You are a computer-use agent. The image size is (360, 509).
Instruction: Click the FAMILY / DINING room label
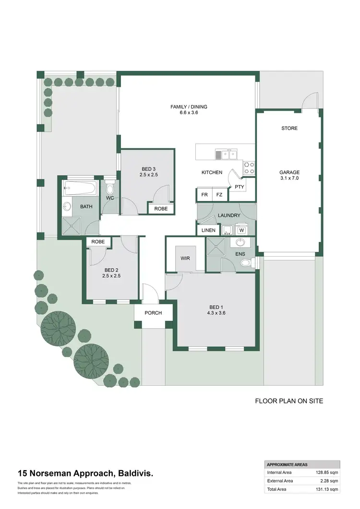(x=189, y=107)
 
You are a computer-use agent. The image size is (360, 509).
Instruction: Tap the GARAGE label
(x=289, y=172)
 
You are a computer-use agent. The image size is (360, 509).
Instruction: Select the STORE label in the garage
(x=289, y=128)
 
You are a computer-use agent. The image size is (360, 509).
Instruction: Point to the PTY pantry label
(x=239, y=187)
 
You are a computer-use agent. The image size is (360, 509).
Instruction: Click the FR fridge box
(x=204, y=195)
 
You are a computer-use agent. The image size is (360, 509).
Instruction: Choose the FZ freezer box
(x=219, y=195)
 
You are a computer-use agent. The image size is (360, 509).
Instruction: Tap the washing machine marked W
(x=241, y=230)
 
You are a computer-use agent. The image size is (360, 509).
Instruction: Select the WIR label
(x=185, y=258)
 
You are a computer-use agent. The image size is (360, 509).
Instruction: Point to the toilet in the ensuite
(x=246, y=262)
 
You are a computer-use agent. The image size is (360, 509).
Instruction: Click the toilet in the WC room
(x=110, y=187)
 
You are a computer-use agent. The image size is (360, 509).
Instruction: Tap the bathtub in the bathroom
(x=80, y=187)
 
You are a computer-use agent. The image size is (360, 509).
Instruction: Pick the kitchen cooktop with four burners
(x=250, y=167)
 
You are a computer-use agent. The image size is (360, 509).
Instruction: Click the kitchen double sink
(x=226, y=154)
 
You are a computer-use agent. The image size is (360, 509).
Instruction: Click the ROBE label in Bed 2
(x=98, y=242)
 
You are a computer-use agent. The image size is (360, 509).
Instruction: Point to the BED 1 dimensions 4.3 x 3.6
(x=216, y=313)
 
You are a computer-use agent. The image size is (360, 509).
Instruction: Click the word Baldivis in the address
(x=136, y=473)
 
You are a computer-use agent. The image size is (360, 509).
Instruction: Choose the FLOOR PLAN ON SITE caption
(x=288, y=401)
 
